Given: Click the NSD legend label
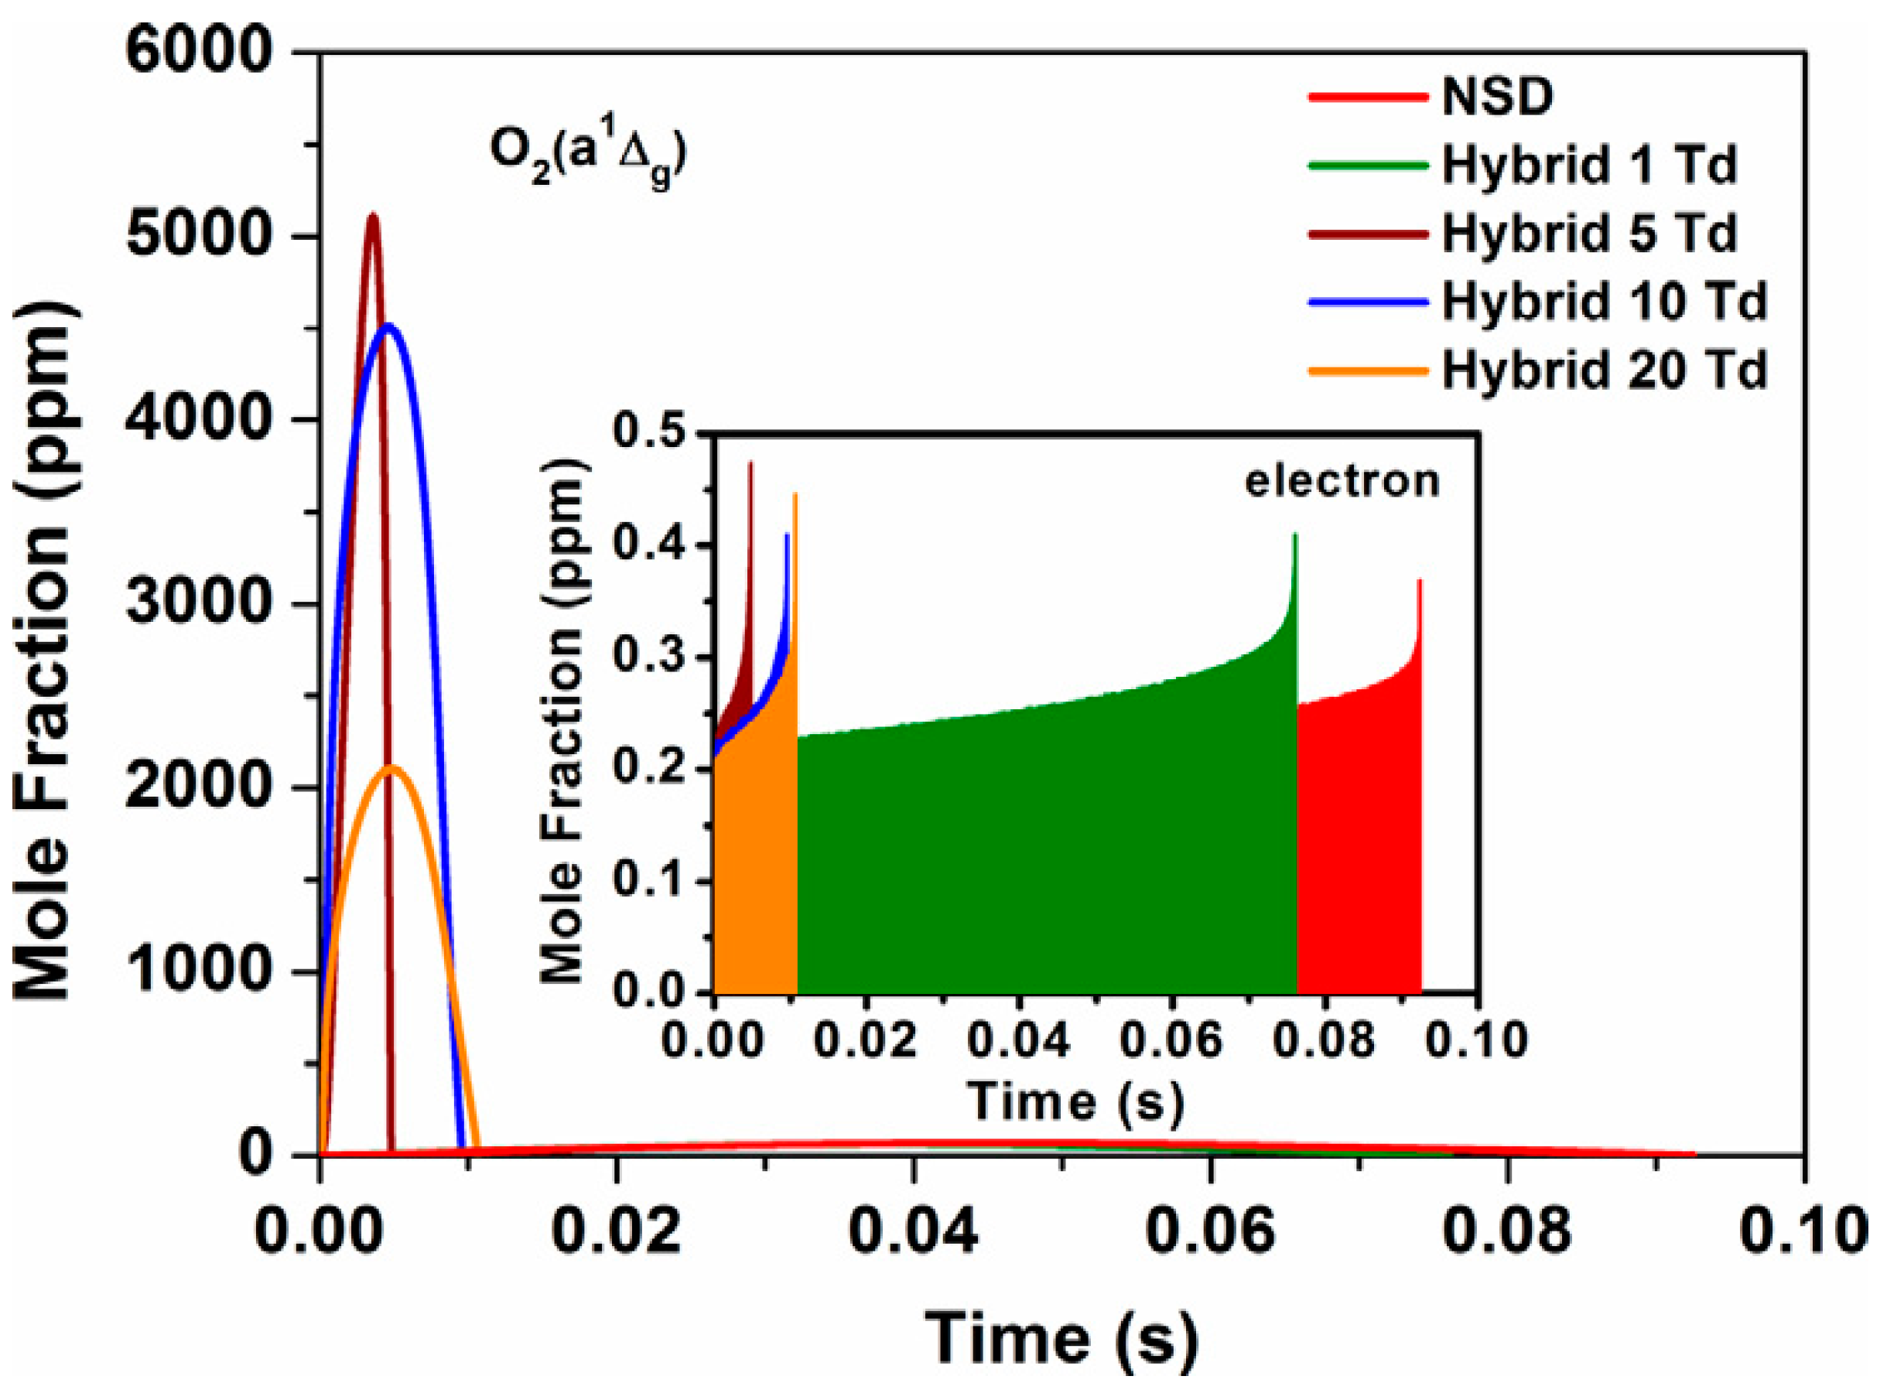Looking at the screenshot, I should coord(1498,97).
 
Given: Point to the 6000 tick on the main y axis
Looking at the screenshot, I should coord(202,53).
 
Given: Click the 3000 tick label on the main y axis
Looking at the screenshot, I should coord(202,603).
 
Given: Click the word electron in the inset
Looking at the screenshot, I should coord(1342,480).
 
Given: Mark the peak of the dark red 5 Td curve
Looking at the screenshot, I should coord(372,216).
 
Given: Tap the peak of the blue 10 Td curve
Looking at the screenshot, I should coord(388,326).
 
